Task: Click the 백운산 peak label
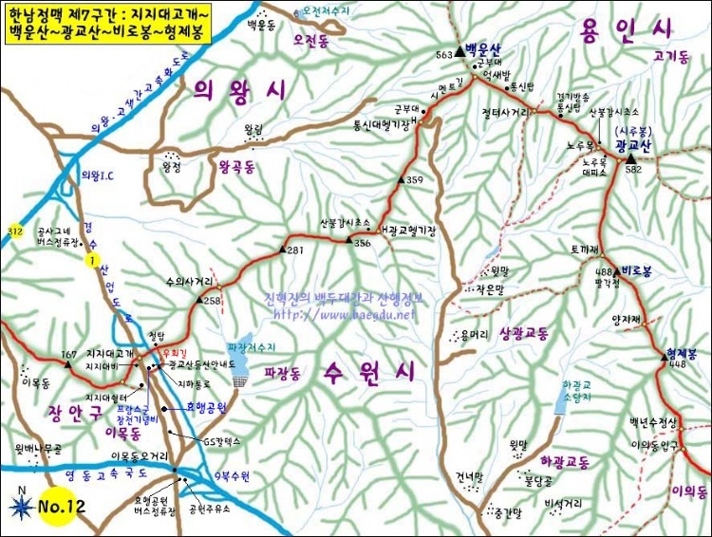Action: pyautogui.click(x=484, y=48)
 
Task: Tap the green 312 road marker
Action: pyautogui.click(x=14, y=231)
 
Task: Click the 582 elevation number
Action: pyautogui.click(x=634, y=169)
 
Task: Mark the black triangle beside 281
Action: pyautogui.click(x=282, y=249)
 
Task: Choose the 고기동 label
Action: pyautogui.click(x=671, y=57)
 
